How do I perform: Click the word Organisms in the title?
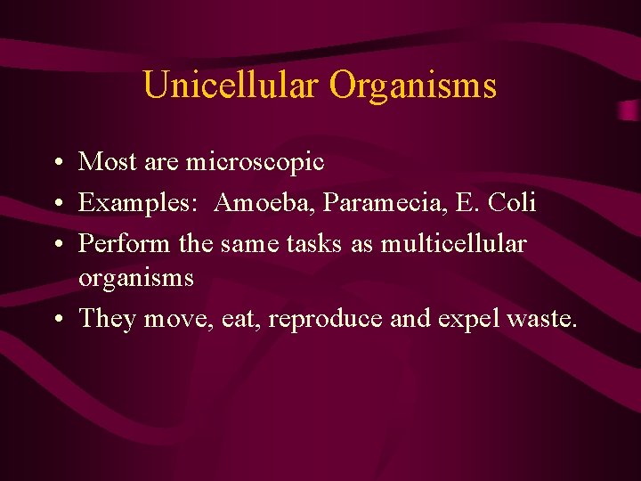(413, 86)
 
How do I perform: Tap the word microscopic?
(255, 162)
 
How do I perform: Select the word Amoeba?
(264, 202)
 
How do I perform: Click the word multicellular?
(454, 242)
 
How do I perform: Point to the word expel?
(466, 319)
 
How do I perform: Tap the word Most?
(105, 162)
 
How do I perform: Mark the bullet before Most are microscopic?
(56, 164)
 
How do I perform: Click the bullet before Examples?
(56, 204)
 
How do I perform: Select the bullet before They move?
(56, 320)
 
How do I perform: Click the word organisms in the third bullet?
(135, 279)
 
